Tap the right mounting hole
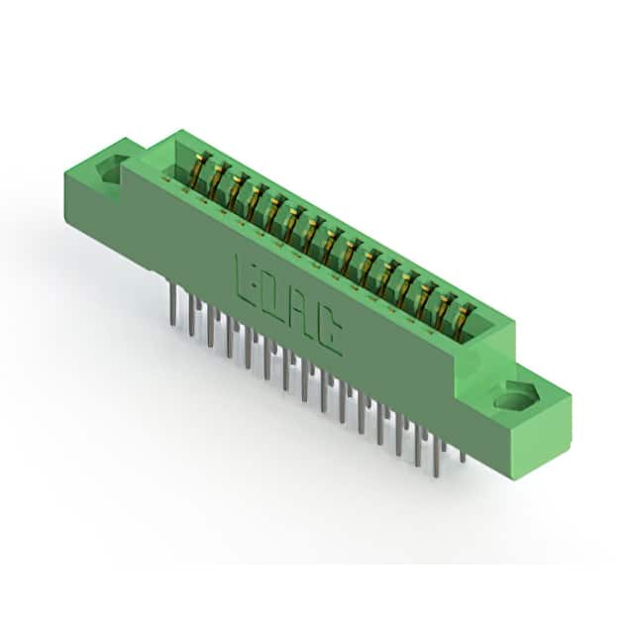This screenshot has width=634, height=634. tap(516, 396)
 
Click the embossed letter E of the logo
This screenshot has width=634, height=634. tap(244, 280)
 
